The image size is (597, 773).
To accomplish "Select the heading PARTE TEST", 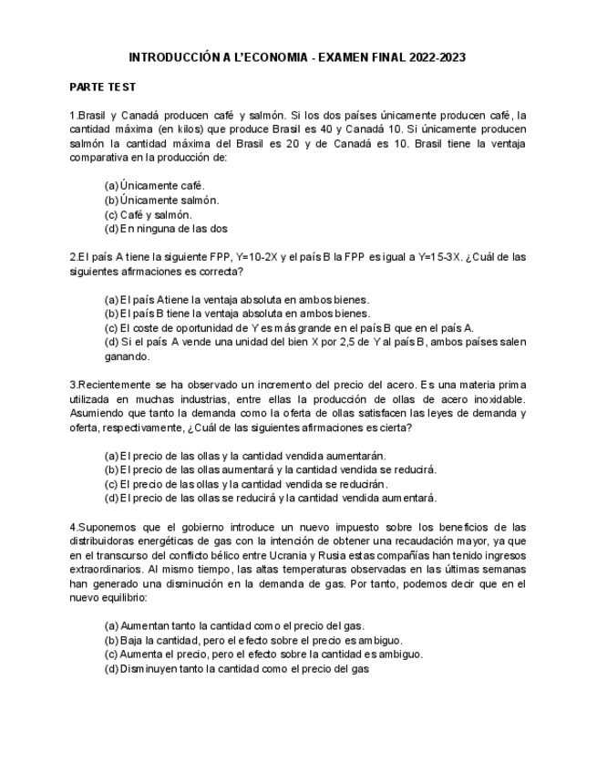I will (103, 87).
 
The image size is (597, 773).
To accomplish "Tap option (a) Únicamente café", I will (155, 185).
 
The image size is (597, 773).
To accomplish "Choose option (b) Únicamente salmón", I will (162, 200).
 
